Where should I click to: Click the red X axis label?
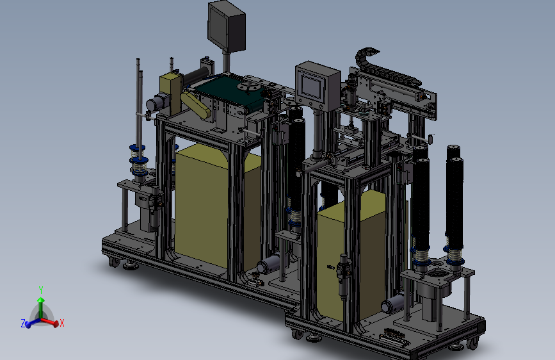click(62, 323)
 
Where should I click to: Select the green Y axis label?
click(41, 290)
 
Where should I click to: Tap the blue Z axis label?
click(23, 323)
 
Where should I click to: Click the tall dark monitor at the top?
click(227, 26)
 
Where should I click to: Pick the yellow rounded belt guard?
click(195, 104)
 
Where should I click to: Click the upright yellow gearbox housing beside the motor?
click(171, 94)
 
